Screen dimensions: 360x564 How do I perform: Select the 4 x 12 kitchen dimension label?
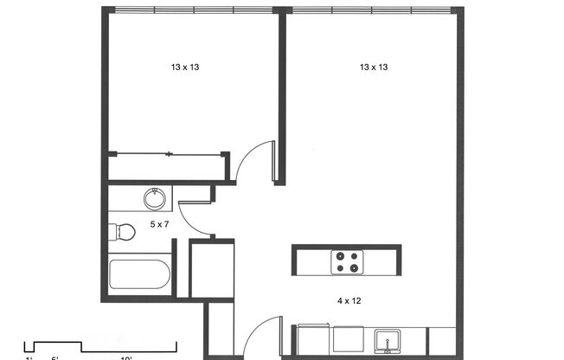[349, 301]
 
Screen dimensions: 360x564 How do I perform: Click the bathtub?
[139, 275]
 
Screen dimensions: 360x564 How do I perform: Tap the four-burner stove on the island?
[347, 260]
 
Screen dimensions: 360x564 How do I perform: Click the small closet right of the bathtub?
[211, 270]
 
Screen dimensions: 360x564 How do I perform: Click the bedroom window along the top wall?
[193, 10]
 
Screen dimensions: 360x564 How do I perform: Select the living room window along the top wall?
[370, 10]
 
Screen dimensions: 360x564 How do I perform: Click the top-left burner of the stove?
[340, 254]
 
